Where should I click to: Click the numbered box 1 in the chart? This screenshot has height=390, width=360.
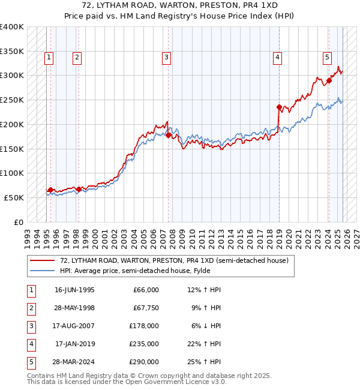49,58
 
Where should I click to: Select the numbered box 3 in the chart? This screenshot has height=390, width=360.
166,58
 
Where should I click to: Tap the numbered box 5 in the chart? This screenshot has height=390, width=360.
328,58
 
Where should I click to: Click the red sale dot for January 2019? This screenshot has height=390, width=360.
279,107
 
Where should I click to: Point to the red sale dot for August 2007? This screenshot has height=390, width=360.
169,136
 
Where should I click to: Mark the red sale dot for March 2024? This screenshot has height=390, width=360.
329,80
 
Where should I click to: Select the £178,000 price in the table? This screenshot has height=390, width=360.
143,326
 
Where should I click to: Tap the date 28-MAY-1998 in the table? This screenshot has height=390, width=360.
74,308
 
